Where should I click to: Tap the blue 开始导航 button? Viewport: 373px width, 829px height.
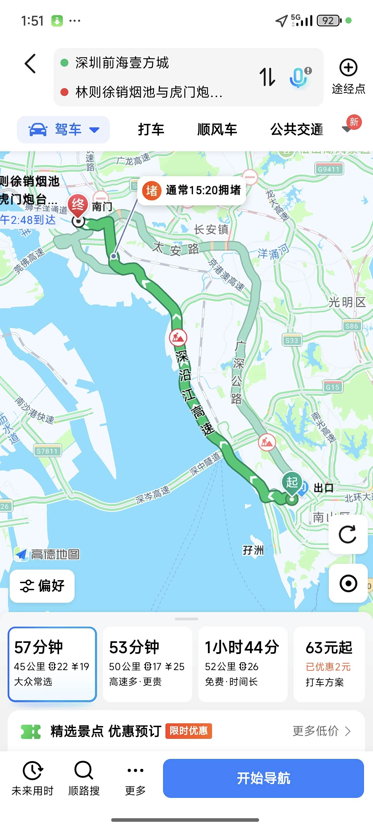(x=263, y=778)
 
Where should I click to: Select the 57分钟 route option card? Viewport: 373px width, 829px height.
(x=52, y=664)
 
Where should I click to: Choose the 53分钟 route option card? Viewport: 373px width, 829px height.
(x=147, y=664)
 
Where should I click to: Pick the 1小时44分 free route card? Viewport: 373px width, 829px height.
(x=242, y=664)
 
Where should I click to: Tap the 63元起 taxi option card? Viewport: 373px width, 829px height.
(x=329, y=664)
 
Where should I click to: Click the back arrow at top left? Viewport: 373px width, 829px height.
(x=30, y=64)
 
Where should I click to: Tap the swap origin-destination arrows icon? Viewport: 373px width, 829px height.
(x=267, y=77)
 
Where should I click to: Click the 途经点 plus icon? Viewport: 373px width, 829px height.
(x=348, y=68)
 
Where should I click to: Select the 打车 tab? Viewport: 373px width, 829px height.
(x=151, y=130)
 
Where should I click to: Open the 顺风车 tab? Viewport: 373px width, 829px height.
(x=217, y=130)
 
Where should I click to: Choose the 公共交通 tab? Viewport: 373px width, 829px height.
(x=296, y=130)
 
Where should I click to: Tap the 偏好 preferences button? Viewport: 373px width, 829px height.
(x=42, y=586)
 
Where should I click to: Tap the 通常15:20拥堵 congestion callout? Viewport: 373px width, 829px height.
(x=192, y=190)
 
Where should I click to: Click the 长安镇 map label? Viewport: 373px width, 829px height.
(x=211, y=229)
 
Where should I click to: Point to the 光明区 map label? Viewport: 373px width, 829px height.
(x=347, y=302)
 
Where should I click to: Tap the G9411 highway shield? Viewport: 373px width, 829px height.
(x=329, y=169)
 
